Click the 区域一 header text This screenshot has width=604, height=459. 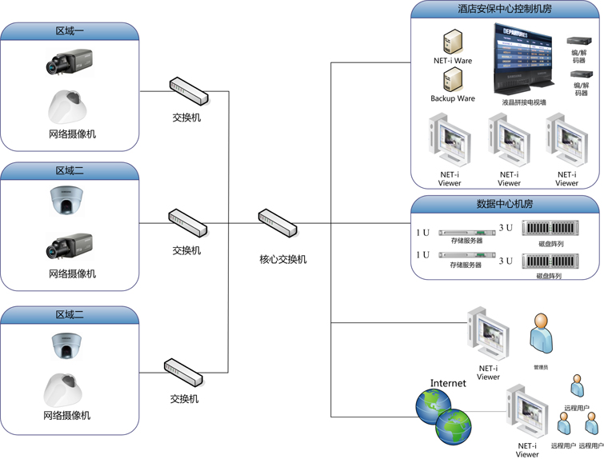pos(70,31)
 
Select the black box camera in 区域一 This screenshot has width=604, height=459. pos(70,62)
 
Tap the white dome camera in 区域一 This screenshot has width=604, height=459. pos(70,106)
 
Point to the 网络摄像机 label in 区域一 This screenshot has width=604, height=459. pos(72,134)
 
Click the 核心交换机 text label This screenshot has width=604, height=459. pos(282,259)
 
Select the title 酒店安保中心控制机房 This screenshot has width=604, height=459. pos(505,9)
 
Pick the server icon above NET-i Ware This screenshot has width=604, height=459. pos(453,41)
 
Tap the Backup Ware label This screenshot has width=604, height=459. pos(453,98)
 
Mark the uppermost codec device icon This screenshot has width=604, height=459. pos(578,41)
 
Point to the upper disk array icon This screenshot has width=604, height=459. pos(549,229)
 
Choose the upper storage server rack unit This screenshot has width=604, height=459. pos(466,233)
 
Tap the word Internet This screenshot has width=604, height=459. pos(448,383)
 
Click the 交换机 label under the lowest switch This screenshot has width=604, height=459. pos(184,398)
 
